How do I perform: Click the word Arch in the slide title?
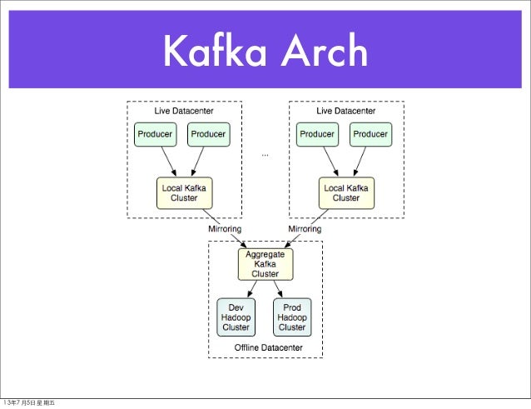[324, 52]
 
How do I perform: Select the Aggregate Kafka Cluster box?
[265, 263]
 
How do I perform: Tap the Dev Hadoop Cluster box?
[236, 317]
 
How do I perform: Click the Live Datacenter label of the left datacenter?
[184, 110]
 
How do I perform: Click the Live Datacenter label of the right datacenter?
[345, 110]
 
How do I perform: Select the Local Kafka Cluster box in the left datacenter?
[184, 193]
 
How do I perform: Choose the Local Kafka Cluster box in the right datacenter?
[346, 193]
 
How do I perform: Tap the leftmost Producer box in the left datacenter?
[155, 133]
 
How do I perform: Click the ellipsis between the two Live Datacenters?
[265, 154]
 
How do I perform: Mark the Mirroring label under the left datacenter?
[224, 228]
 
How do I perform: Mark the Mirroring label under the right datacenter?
[305, 228]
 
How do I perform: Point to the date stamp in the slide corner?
[28, 403]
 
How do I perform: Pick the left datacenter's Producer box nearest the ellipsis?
[210, 133]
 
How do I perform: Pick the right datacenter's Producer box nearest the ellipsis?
[317, 133]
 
